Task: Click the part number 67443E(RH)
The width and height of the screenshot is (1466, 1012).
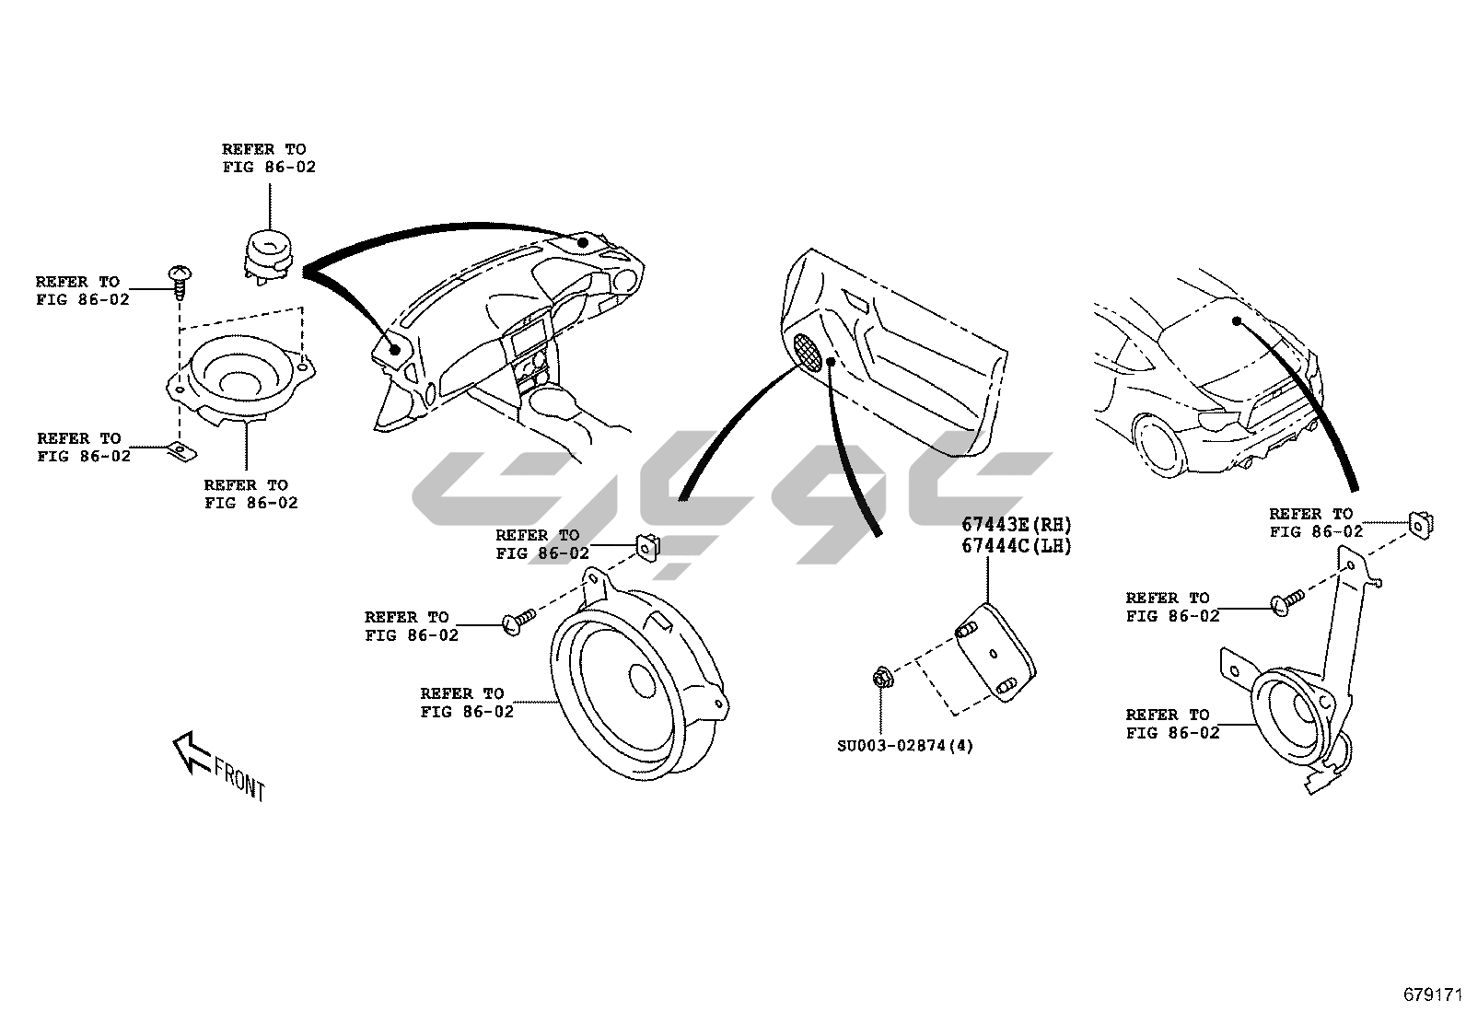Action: [1017, 525]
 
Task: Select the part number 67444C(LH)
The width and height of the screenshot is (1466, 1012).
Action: [1017, 545]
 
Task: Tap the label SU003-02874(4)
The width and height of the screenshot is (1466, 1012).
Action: [904, 745]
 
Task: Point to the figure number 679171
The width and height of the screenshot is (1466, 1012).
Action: [1433, 995]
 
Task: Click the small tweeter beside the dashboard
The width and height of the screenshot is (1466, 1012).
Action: [269, 250]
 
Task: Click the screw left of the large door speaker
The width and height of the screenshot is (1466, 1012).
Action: [518, 623]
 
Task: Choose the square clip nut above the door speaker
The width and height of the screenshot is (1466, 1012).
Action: [648, 546]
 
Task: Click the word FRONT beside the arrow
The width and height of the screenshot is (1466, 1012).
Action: [239, 779]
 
